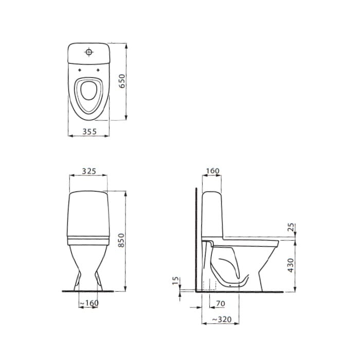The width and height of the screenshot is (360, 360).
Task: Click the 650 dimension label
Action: click(122, 81)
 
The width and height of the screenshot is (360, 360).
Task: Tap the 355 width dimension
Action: click(89, 132)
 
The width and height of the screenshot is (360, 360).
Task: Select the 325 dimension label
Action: click(89, 171)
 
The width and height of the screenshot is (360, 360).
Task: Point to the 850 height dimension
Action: click(121, 240)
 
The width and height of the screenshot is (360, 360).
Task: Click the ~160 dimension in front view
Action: click(89, 303)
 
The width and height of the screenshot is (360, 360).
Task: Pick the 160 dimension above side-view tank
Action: click(212, 171)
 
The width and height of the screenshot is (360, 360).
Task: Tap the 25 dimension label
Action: click(291, 227)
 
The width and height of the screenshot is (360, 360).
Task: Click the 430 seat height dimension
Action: click(291, 265)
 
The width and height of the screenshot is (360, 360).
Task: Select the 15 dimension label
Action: click(175, 281)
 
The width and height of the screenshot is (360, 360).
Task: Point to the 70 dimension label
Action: click(221, 303)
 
